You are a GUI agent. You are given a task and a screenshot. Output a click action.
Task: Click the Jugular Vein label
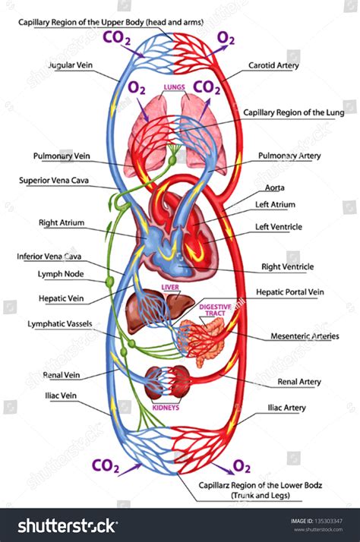(x=71, y=66)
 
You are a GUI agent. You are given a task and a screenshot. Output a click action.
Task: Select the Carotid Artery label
(x=274, y=66)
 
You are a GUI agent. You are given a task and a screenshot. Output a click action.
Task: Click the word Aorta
(x=275, y=187)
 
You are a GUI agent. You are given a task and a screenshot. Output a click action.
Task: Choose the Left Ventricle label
(x=279, y=226)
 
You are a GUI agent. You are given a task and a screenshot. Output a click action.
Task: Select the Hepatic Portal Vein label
(x=289, y=291)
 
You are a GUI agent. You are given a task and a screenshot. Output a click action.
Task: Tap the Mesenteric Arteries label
(x=305, y=336)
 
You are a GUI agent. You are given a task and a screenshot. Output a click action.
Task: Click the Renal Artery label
(x=299, y=382)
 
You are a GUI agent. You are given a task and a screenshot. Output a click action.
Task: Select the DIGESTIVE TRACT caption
(x=216, y=309)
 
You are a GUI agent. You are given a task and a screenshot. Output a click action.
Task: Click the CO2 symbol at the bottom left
(x=105, y=465)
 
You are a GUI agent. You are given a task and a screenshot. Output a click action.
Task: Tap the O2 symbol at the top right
(x=226, y=37)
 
